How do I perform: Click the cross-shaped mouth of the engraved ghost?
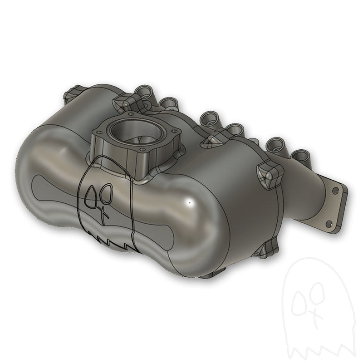click(x=103, y=212)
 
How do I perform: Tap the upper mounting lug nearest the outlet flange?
click(x=267, y=175)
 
